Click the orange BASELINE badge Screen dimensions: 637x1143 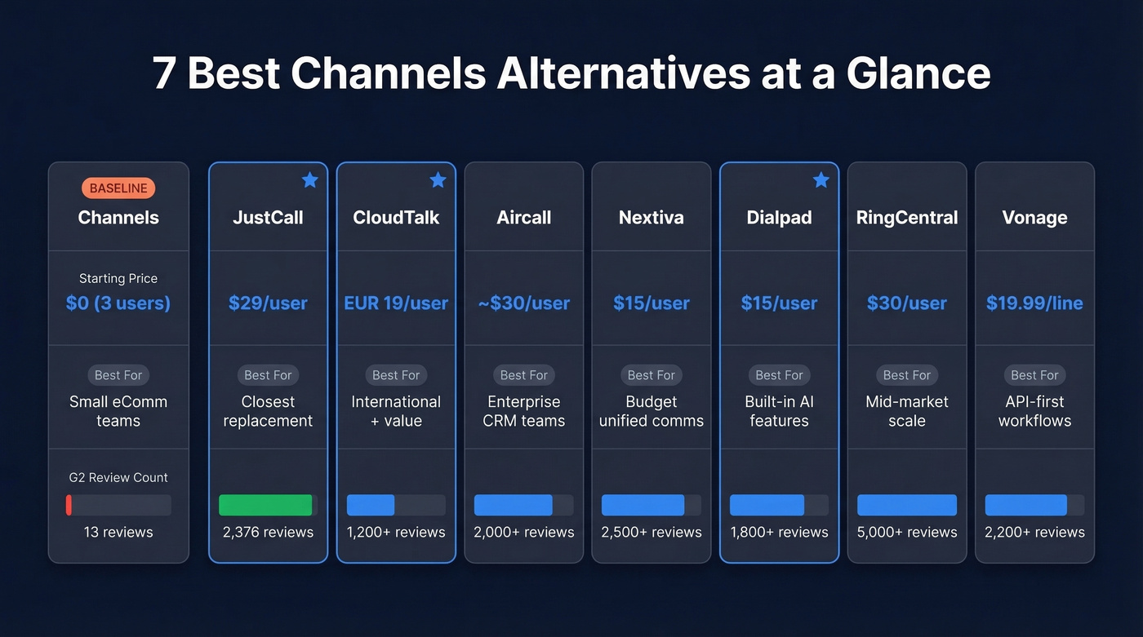tap(118, 188)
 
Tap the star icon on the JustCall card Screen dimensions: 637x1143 tap(309, 180)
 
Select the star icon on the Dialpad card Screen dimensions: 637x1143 tap(821, 180)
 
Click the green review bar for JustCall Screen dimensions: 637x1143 tap(265, 505)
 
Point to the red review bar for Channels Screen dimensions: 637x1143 tap(69, 505)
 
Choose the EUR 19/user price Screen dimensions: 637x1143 tap(396, 303)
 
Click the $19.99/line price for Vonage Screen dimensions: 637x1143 tap(1034, 303)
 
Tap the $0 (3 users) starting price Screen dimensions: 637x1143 tap(118, 303)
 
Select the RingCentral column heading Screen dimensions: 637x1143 tap(907, 218)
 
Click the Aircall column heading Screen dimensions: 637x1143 tap(524, 218)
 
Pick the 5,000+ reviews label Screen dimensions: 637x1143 tap(907, 532)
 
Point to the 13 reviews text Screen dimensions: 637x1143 tap(118, 532)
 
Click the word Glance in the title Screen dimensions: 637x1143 tap(918, 74)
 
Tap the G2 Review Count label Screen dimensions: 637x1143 tap(118, 477)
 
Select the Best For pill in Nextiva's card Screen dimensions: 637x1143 tap(652, 375)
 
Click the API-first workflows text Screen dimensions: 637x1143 tap(1034, 411)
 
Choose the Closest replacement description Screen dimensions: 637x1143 tap(268, 411)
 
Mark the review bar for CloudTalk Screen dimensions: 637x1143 tap(371, 505)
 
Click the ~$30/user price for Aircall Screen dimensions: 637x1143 tap(524, 303)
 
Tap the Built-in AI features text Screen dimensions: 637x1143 tap(779, 411)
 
